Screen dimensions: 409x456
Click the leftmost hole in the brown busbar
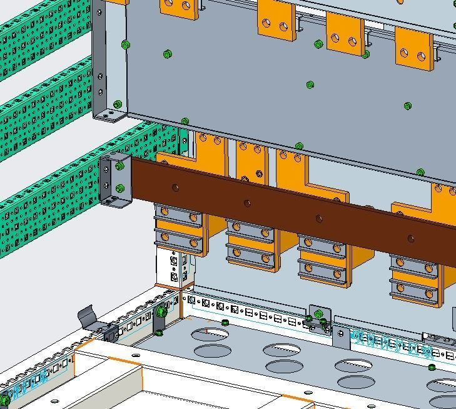(x=175, y=187)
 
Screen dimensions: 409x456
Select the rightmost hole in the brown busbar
(x=410, y=238)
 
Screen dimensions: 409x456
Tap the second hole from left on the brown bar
(x=247, y=202)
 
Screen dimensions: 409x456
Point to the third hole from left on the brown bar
(x=319, y=218)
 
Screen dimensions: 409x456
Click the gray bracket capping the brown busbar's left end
(x=116, y=180)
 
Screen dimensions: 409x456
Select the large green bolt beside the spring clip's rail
(x=161, y=311)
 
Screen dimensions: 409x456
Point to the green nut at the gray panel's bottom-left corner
(x=118, y=104)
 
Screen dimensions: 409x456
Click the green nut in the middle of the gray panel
(x=310, y=85)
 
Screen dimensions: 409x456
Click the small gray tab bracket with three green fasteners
(x=320, y=319)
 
